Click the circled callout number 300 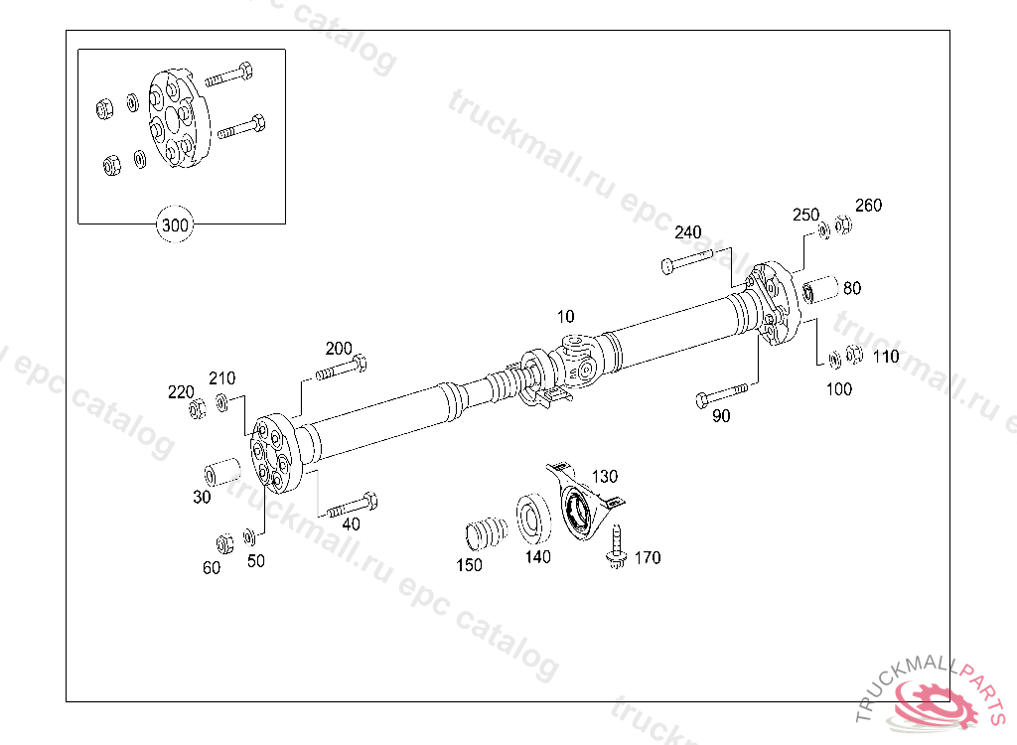175,225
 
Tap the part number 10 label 565,317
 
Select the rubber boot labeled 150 486,532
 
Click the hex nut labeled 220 197,406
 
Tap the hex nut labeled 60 224,543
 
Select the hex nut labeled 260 844,225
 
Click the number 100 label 839,389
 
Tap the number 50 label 256,560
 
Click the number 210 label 221,378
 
